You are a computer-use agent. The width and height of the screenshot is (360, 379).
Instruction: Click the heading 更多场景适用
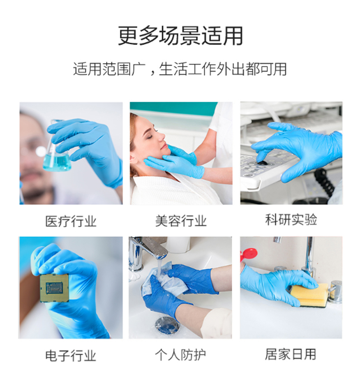pyautogui.click(x=180, y=36)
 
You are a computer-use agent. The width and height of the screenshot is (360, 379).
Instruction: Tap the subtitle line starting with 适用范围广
pyautogui.click(x=180, y=69)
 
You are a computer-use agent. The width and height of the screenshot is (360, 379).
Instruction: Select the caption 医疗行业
pyautogui.click(x=71, y=221)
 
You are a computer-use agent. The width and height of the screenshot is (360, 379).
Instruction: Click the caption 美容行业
pyautogui.click(x=181, y=221)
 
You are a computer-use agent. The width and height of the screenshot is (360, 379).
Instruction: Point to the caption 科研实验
pyautogui.click(x=291, y=219)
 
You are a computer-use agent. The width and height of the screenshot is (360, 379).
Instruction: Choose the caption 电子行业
pyautogui.click(x=71, y=356)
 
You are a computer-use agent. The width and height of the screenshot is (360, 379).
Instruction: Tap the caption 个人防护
pyautogui.click(x=180, y=355)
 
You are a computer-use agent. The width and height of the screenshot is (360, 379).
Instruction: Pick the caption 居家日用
pyautogui.click(x=291, y=354)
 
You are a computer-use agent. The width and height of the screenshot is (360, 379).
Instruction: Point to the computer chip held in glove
pyautogui.click(x=54, y=288)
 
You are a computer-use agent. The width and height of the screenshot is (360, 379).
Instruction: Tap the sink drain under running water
pyautogui.click(x=167, y=325)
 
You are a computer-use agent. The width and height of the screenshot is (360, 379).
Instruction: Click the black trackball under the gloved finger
pyautogui.click(x=262, y=163)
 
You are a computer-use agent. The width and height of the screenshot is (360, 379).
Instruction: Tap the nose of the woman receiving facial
pyautogui.click(x=161, y=137)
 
